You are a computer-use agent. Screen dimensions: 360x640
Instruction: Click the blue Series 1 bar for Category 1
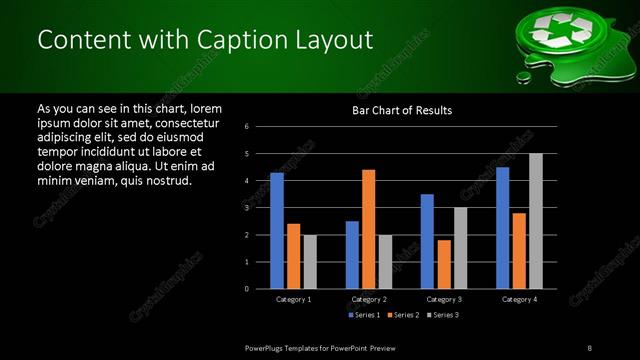coord(277,231)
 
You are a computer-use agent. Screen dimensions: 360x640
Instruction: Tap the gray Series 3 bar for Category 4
coord(536,221)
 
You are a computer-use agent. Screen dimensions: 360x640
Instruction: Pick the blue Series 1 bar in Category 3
coord(427,241)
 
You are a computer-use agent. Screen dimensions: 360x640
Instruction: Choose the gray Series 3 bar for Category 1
coord(309,262)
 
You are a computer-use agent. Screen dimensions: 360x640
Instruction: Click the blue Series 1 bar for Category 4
coord(502,228)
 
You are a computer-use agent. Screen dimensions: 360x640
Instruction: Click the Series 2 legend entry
coord(403,316)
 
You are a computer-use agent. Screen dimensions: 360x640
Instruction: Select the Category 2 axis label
coord(368,300)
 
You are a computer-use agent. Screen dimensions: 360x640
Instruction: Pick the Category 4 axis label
coord(518,300)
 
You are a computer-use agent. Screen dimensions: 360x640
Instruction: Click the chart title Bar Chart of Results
coord(402,109)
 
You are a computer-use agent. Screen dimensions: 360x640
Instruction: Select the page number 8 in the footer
coord(590,347)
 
